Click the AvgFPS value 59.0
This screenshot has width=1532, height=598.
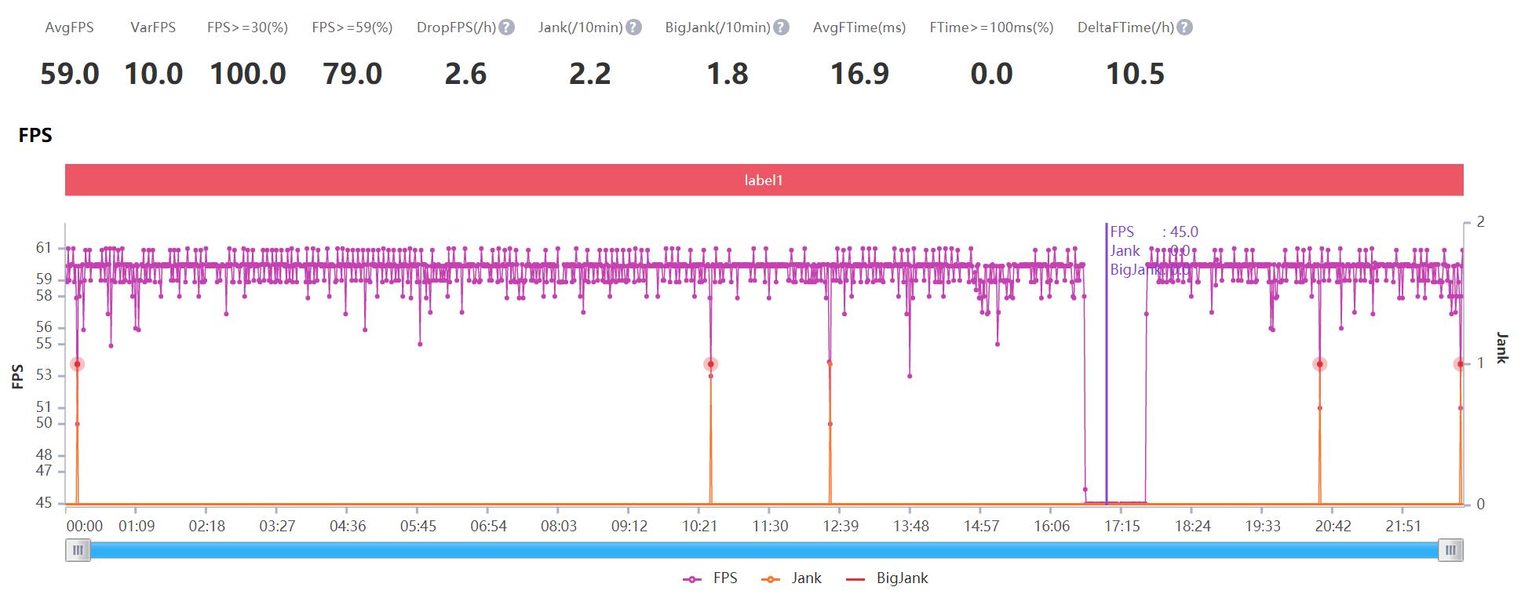70,74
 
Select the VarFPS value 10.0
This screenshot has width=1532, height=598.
154,74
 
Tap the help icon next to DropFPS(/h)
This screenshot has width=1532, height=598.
507,27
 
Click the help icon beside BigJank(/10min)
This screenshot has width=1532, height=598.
781,27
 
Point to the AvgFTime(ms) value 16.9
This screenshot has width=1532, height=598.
859,74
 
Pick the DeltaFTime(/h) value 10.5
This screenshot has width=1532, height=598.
1135,74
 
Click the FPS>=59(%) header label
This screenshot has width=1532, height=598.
352,27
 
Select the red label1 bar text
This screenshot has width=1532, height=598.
764,180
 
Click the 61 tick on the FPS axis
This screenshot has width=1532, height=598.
44,248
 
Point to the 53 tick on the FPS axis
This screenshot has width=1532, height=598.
44,375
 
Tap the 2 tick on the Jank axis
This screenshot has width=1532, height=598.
1480,222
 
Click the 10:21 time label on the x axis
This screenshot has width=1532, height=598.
699,526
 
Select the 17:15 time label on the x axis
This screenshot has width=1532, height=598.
1122,526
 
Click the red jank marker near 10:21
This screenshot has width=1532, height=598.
711,364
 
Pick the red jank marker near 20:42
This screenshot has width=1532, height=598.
1320,364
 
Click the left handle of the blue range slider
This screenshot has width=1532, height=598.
78,550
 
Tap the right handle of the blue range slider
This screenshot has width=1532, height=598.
1451,550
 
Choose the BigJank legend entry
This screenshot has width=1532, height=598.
887,578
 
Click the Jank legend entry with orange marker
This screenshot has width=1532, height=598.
792,578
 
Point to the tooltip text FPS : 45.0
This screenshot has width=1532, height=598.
1154,232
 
